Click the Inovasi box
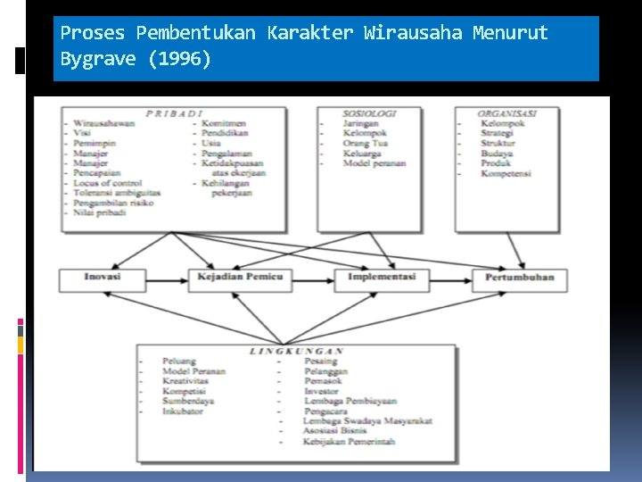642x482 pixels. tap(103, 278)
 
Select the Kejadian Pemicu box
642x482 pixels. tap(239, 278)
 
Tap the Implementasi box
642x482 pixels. tap(382, 278)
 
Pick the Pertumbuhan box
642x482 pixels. tap(519, 278)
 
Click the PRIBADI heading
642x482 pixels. tap(175, 113)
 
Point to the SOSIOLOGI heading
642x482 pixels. tap(368, 113)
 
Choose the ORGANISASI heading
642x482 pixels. tap(506, 113)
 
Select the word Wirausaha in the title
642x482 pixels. tap(414, 34)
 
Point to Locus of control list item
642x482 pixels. tap(108, 182)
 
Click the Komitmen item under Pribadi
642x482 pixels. tap(223, 123)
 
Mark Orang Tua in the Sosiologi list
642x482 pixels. tap(365, 143)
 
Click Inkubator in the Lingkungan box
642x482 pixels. tap(182, 411)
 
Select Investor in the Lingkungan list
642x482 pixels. tap(321, 391)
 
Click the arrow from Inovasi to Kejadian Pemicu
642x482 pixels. tap(167, 278)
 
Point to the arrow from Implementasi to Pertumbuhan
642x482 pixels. tap(450, 278)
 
